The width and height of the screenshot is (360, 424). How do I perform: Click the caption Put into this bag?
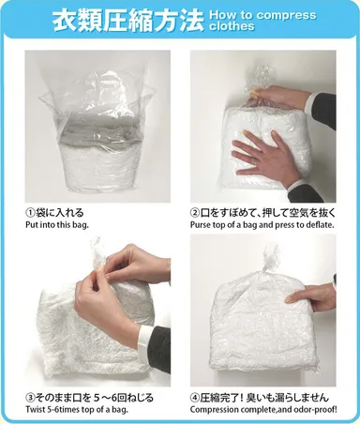click(62, 227)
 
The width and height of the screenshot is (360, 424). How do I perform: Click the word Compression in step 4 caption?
click(217, 411)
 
